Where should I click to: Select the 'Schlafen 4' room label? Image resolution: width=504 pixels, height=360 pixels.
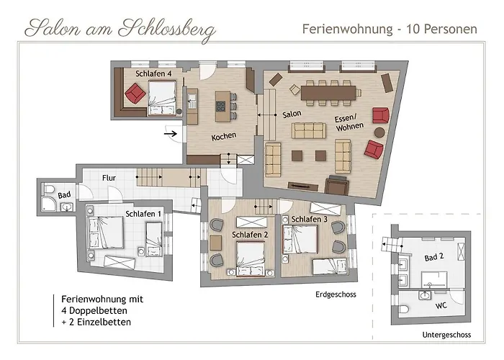coord(153,73)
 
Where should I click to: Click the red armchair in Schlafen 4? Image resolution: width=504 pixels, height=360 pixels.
coord(134,93)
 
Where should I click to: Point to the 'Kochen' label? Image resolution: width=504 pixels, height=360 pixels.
coord(224,136)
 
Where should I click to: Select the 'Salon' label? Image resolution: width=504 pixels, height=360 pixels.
coord(291,114)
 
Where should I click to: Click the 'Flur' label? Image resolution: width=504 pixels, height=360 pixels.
coord(109,176)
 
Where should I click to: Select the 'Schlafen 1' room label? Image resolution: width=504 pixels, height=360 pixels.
coord(143,213)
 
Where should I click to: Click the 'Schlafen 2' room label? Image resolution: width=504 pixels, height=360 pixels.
coord(250,235)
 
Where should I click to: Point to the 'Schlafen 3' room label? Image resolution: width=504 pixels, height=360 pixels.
coord(310,219)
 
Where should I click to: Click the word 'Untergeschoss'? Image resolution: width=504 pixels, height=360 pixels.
coord(446,335)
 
